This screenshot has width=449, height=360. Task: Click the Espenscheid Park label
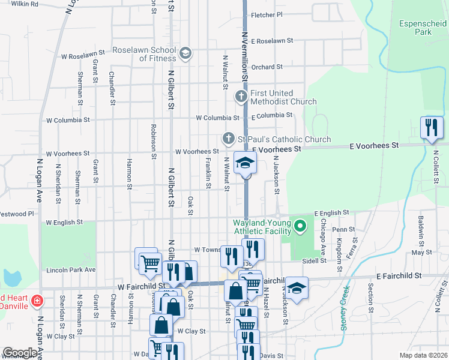click(423, 28)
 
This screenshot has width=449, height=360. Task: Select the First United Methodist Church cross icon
click(241, 96)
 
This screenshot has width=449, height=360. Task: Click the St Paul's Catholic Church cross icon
click(228, 139)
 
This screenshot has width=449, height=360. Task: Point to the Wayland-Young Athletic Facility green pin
click(301, 226)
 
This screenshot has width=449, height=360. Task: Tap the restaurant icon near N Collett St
click(431, 128)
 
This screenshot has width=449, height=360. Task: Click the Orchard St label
click(267, 67)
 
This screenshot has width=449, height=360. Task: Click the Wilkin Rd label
click(25, 4)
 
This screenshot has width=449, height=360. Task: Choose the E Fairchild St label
click(396, 275)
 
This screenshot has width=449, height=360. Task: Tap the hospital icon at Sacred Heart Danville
click(37, 300)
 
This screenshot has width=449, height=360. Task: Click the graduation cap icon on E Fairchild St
click(297, 287)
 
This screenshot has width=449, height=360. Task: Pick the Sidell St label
click(314, 261)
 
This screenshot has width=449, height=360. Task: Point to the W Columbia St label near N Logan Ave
click(68, 120)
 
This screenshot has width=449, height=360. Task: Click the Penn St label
click(343, 229)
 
